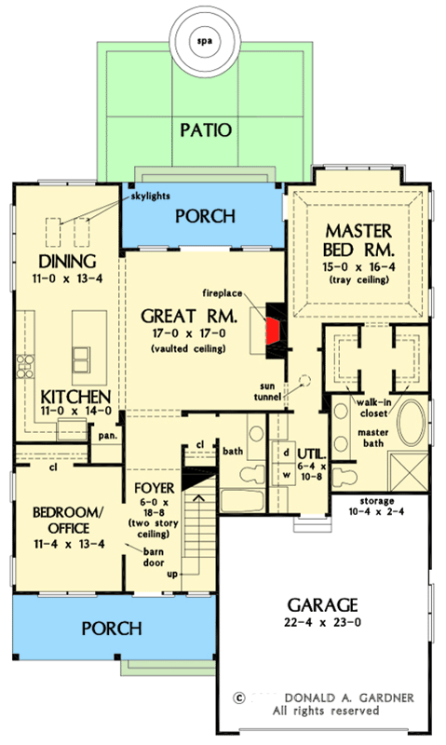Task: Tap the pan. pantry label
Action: [107, 434]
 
